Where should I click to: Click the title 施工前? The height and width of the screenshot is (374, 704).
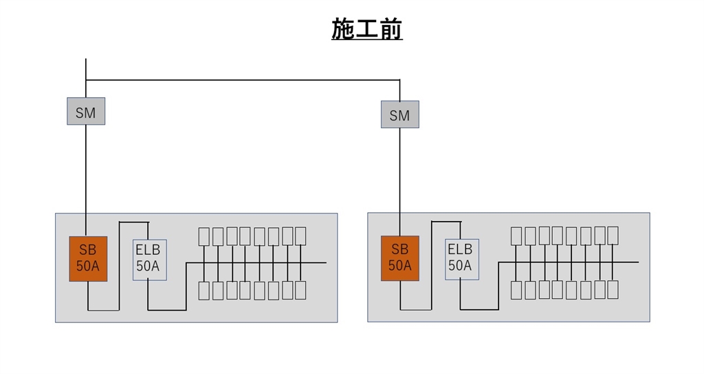pyautogui.click(x=366, y=30)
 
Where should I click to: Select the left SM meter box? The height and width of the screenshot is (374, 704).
pyautogui.click(x=86, y=112)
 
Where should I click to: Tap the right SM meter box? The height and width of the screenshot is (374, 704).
pyautogui.click(x=399, y=115)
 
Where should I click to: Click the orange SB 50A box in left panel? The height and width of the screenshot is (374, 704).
pyautogui.click(x=89, y=259)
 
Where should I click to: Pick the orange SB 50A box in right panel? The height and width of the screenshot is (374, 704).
pyautogui.click(x=400, y=258)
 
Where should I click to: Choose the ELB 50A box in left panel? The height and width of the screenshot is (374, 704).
pyautogui.click(x=149, y=260)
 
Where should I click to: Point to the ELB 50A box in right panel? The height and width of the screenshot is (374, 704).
pyautogui.click(x=461, y=259)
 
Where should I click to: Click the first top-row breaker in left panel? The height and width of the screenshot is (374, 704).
pyautogui.click(x=204, y=236)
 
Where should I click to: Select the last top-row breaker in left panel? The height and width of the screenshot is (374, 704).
pyautogui.click(x=300, y=236)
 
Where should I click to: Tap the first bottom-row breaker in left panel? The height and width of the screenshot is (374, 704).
pyautogui.click(x=204, y=291)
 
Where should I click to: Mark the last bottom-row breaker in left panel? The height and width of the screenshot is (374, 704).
pyautogui.click(x=300, y=291)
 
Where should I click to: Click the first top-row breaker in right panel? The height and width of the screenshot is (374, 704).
pyautogui.click(x=517, y=236)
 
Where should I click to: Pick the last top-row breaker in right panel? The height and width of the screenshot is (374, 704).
pyautogui.click(x=613, y=236)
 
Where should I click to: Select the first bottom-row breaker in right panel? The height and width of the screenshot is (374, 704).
pyautogui.click(x=517, y=290)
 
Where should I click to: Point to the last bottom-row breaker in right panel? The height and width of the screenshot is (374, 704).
pyautogui.click(x=613, y=290)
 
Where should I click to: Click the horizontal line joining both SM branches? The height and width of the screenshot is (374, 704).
pyautogui.click(x=241, y=80)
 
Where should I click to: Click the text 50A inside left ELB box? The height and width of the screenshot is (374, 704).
pyautogui.click(x=148, y=267)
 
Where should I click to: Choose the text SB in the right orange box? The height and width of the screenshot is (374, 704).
pyautogui.click(x=399, y=250)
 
